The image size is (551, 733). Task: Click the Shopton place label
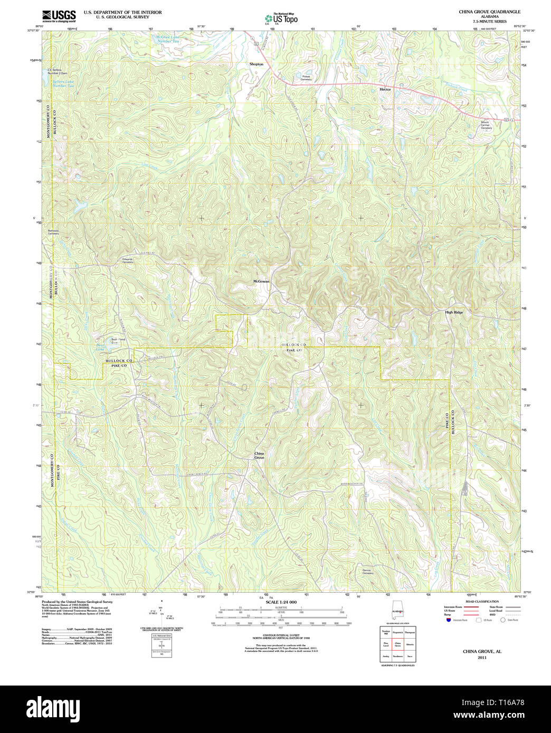pyautogui.click(x=256, y=64)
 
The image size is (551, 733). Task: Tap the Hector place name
pyautogui.click(x=385, y=89)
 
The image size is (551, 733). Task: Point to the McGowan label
pyautogui.click(x=261, y=282)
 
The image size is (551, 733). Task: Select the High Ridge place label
pyautogui.click(x=454, y=312)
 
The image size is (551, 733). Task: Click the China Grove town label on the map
pyautogui.click(x=259, y=456)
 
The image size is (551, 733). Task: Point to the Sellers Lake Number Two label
pyautogui.click(x=63, y=84)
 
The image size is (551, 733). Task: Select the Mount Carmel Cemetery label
pyautogui.click(x=486, y=125)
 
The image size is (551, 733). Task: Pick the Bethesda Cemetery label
pyautogui.click(x=54, y=232)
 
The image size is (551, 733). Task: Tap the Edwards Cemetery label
pyautogui.click(x=128, y=261)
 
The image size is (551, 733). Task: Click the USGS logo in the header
pyautogui.click(x=59, y=16)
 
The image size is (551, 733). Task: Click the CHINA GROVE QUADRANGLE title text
pyautogui.click(x=489, y=12)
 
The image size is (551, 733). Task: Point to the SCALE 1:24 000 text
pyautogui.click(x=281, y=602)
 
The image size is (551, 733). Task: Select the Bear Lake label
pyautogui.click(x=100, y=349)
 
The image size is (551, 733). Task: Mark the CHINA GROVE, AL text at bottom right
pyautogui.click(x=482, y=651)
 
